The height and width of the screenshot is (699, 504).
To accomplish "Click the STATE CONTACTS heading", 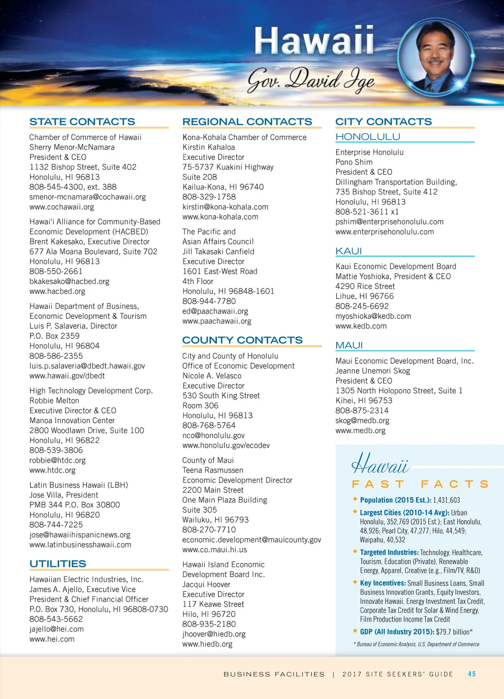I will tap(82, 122).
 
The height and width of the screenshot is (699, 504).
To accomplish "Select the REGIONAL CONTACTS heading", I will tap(247, 122).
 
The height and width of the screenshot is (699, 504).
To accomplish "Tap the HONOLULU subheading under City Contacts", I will tap(368, 137).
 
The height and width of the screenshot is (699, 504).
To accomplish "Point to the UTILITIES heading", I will tap(58, 564).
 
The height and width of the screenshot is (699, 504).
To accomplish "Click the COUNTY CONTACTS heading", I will tap(242, 340).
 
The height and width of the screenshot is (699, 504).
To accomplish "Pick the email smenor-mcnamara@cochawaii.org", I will tap(88, 197).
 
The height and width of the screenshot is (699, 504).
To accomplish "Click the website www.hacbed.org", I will tap(57, 291).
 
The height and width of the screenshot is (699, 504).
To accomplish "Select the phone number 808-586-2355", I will tap(56, 356).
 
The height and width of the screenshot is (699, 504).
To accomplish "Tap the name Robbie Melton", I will tap(54, 401).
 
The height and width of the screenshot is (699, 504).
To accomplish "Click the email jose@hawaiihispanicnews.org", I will tap(80, 535).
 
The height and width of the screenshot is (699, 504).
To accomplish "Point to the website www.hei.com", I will tap(52, 639).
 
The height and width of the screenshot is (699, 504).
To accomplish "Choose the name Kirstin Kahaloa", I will tap(209, 147).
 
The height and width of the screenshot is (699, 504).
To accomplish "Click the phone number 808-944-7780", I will tap(209, 301).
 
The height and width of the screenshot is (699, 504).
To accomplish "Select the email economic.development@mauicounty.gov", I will tap(252, 540).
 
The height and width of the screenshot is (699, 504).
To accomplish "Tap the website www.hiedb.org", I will tap(207, 644).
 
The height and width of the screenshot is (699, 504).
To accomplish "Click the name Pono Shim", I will tap(354, 162).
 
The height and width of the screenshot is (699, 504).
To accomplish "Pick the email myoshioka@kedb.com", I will tap(373, 316).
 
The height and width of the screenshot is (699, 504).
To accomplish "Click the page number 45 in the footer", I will tap(472, 674).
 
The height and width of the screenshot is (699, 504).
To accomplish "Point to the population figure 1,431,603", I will tap(446, 500).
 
